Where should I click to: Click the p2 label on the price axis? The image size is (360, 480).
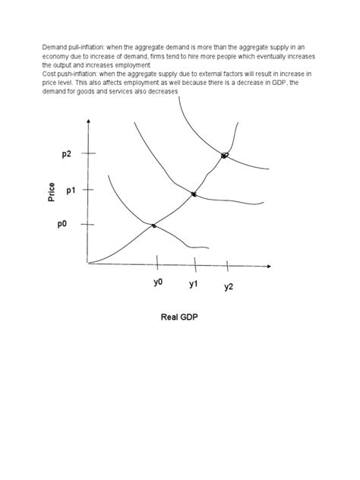[66, 153]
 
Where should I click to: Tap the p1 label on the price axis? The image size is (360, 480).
[71, 190]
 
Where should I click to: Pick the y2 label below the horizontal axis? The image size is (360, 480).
[229, 286]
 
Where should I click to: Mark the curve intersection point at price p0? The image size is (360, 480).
[154, 226]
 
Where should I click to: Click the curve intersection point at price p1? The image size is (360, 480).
[194, 194]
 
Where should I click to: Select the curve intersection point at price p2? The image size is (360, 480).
[225, 156]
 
